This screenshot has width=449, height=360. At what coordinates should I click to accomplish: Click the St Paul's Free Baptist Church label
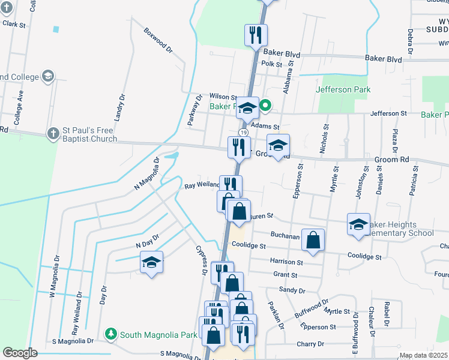tap(90, 135)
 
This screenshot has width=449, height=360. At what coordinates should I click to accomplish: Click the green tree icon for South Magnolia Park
tap(110, 333)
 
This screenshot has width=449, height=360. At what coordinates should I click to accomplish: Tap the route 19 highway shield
tap(243, 132)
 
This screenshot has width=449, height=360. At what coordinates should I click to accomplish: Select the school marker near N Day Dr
tap(152, 262)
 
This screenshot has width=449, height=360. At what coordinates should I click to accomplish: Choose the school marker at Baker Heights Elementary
tap(358, 225)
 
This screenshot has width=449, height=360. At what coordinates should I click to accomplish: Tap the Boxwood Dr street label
tap(158, 40)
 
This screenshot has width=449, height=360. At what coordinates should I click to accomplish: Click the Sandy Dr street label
tap(292, 290)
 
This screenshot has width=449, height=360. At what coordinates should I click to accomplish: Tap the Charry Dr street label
tap(310, 344)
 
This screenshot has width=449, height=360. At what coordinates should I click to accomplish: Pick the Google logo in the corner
tap(20, 353)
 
